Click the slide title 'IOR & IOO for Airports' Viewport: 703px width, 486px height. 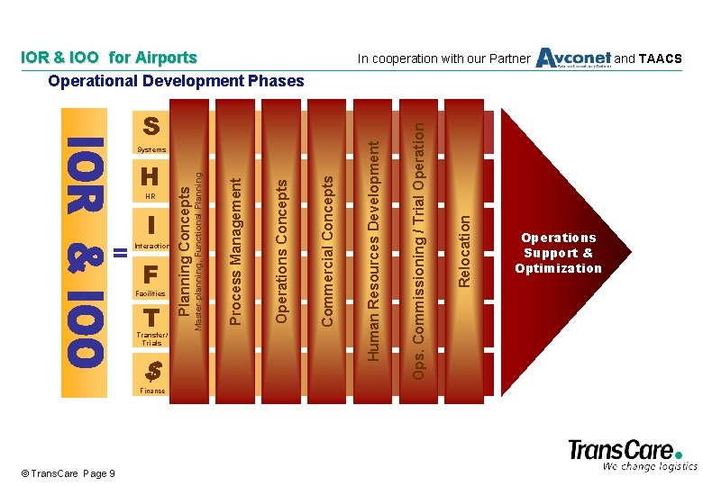(x=108, y=58)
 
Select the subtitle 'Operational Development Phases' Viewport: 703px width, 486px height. (x=177, y=81)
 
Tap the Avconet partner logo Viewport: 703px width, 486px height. (x=573, y=58)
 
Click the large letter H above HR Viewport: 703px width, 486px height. (x=151, y=175)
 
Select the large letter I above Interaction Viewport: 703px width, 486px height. (x=151, y=223)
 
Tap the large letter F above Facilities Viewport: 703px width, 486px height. (x=151, y=273)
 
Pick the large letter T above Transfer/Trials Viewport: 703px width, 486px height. (x=151, y=318)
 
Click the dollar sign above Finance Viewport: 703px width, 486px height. (x=153, y=369)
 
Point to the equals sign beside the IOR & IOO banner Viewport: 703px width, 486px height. (x=120, y=253)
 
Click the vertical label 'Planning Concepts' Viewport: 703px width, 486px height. (x=185, y=251)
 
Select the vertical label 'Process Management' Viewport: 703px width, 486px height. (x=235, y=250)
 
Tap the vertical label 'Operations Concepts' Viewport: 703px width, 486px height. (x=282, y=250)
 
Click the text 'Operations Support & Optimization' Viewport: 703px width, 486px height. (x=558, y=253)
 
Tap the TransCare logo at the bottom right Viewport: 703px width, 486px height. (x=631, y=454)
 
